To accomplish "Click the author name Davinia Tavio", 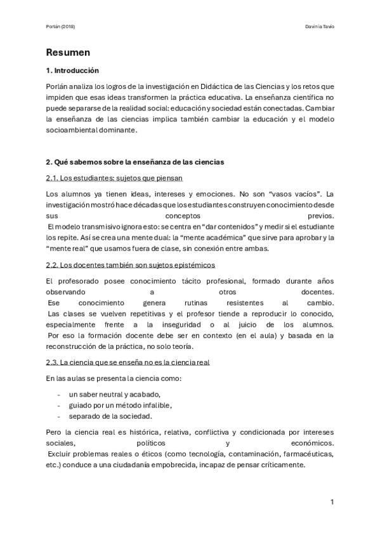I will [x=319, y=27].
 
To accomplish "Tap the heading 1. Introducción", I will [x=73, y=70].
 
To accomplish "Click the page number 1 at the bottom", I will [x=332, y=502].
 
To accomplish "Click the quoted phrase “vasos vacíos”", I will [x=292, y=193].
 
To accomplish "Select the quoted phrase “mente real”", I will [x=67, y=248].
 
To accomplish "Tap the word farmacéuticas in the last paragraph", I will [x=301, y=454].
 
